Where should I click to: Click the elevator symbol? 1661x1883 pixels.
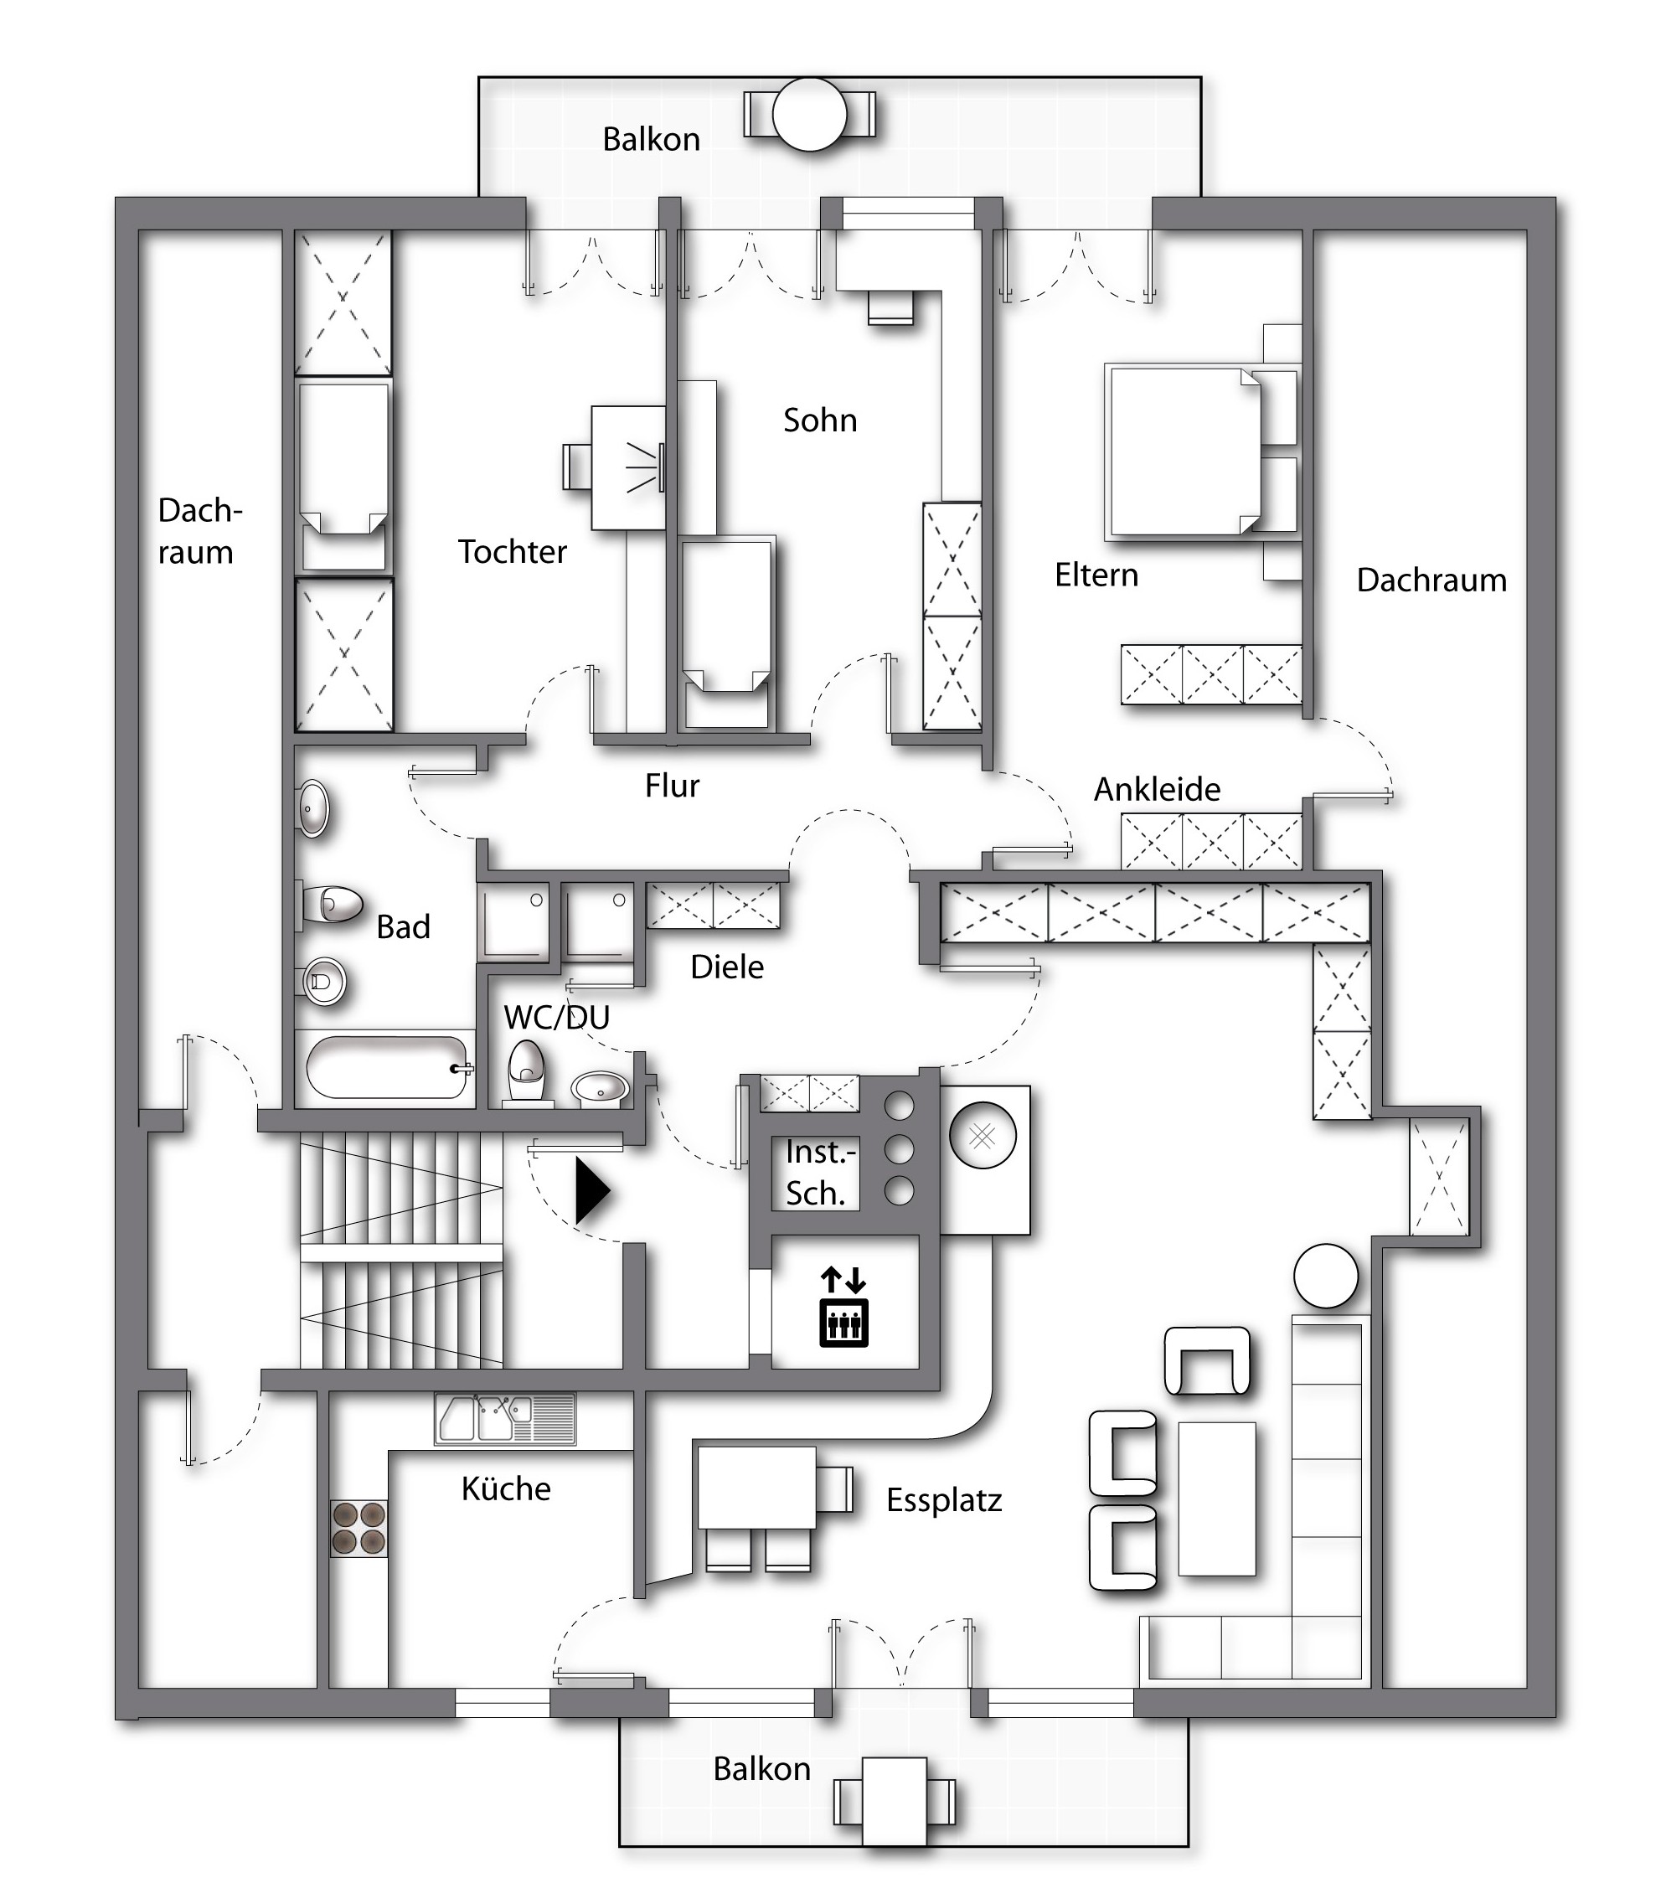click(843, 1307)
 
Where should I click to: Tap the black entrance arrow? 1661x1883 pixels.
click(592, 1191)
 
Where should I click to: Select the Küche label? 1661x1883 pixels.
click(506, 1488)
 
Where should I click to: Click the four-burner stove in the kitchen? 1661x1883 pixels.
click(359, 1529)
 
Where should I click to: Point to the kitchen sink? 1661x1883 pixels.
click(505, 1420)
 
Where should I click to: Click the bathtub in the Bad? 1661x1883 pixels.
click(387, 1068)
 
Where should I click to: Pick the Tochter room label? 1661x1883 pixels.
click(513, 551)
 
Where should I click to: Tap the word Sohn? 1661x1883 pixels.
click(820, 420)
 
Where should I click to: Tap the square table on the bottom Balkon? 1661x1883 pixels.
click(894, 1801)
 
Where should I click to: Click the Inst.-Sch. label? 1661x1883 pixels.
click(820, 1173)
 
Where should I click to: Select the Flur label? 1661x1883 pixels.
click(672, 786)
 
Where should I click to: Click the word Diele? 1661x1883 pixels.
click(727, 967)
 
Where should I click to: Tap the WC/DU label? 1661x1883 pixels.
click(556, 1017)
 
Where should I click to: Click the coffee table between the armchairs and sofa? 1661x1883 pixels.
click(1216, 1499)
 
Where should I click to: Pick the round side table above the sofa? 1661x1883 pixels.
click(1326, 1276)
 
